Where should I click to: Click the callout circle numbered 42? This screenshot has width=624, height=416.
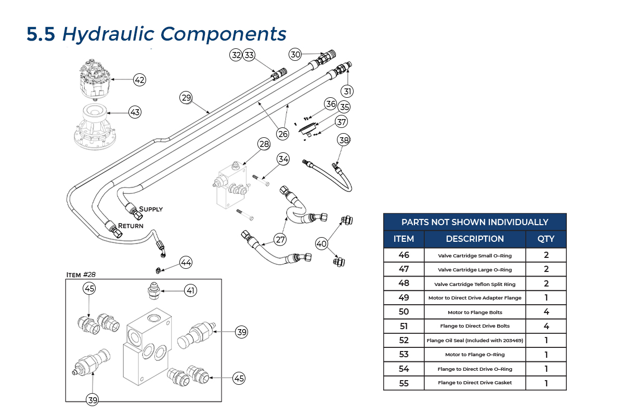pyautogui.click(x=139, y=80)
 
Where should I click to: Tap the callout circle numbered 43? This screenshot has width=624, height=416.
pyautogui.click(x=135, y=112)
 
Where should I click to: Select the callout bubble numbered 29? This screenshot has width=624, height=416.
pyautogui.click(x=186, y=97)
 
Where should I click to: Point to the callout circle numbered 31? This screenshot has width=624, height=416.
pyautogui.click(x=347, y=91)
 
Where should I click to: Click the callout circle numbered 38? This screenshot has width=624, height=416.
pyautogui.click(x=344, y=140)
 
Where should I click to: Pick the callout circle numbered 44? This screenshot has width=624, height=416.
pyautogui.click(x=186, y=264)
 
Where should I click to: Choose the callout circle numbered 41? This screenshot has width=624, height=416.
pyautogui.click(x=191, y=291)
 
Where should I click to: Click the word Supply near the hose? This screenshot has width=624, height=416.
pyautogui.click(x=151, y=209)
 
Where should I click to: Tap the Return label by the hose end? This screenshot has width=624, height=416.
pyautogui.click(x=131, y=226)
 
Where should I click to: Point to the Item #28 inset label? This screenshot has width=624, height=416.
pyautogui.click(x=81, y=274)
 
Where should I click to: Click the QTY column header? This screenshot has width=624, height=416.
pyautogui.click(x=545, y=239)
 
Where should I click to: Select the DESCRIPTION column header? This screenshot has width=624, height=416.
pyautogui.click(x=475, y=239)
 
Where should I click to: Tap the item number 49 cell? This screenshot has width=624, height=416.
pyautogui.click(x=404, y=297)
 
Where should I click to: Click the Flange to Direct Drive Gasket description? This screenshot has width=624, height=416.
pyautogui.click(x=475, y=383)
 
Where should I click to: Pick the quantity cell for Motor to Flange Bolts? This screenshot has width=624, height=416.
pyautogui.click(x=545, y=312)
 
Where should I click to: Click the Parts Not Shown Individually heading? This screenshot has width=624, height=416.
pyautogui.click(x=475, y=222)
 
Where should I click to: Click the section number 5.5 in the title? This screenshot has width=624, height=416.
pyautogui.click(x=41, y=34)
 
